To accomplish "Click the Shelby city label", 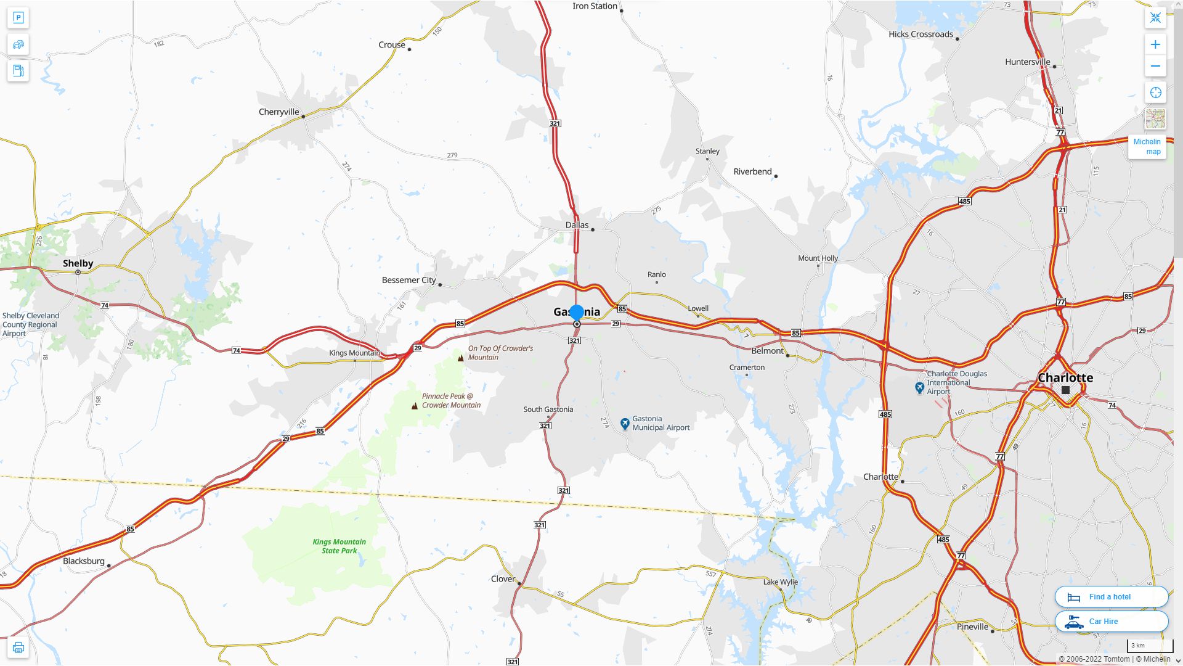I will [78, 263].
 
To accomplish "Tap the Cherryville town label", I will [278, 112].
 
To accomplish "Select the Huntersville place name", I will [1027, 62].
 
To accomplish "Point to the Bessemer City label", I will [409, 280].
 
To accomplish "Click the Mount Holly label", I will [818, 258].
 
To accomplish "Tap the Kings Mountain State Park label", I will [339, 546].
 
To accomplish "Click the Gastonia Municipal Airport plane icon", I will [625, 423].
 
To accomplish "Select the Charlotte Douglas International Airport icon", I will [919, 387].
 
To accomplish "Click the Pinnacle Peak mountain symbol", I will [415, 405].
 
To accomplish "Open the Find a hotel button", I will [1111, 596].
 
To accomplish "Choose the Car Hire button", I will [1111, 622].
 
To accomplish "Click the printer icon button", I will [18, 647].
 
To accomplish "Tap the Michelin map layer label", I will [1147, 147].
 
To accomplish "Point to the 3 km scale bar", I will [1150, 646].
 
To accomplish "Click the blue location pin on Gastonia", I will [577, 313].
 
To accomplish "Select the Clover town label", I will [503, 578].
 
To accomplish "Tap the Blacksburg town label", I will [84, 561].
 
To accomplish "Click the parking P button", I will [18, 17].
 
